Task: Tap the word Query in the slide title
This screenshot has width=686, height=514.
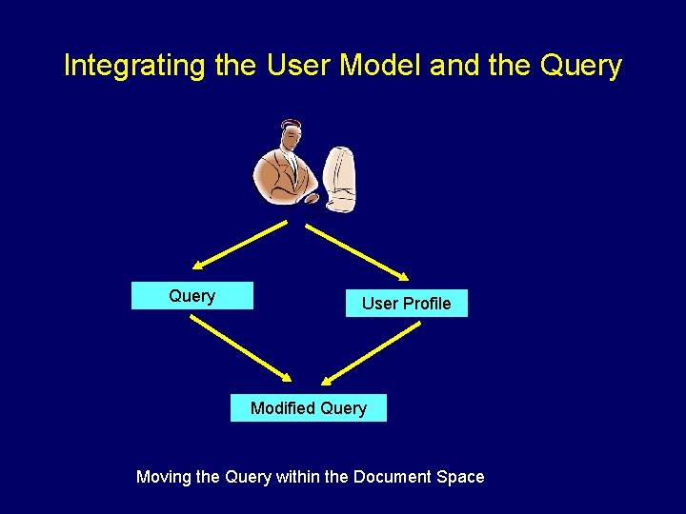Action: [580, 67]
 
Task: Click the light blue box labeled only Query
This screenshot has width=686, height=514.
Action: [192, 296]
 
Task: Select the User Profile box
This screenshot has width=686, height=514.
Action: [406, 304]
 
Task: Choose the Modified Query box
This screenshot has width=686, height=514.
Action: [308, 408]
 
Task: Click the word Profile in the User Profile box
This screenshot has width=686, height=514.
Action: [427, 304]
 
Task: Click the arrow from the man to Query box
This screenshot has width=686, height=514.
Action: [238, 247]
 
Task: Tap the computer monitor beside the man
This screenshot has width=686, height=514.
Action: [340, 176]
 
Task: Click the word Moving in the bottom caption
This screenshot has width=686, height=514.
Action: [164, 477]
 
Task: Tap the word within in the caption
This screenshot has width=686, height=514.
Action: [298, 477]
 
